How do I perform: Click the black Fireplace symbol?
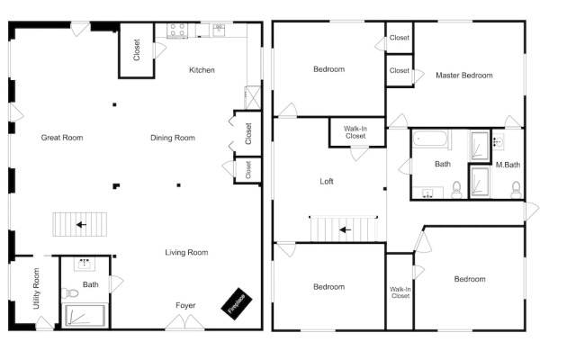pos(237,304)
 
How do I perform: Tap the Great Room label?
pos(62,138)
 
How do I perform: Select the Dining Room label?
pos(173,138)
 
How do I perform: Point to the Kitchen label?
pos(202,70)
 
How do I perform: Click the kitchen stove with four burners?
pos(177,31)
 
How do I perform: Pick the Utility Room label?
pos(36,288)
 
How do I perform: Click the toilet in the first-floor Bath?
pos(70,293)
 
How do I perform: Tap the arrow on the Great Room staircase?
pos(81,224)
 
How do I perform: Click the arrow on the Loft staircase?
pos(345,230)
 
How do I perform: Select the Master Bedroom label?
pos(464,76)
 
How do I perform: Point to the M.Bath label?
pos(508,165)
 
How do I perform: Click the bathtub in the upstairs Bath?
pos(430,139)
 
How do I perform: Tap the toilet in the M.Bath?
pos(516,190)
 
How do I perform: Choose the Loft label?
pos(327,181)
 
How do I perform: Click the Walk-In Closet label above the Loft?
pos(355,132)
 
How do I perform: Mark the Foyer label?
pos(185,305)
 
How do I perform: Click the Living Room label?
pos(186,252)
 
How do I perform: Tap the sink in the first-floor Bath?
pos(85,264)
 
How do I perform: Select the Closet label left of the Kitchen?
pos(137,50)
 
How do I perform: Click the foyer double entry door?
pos(184,322)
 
